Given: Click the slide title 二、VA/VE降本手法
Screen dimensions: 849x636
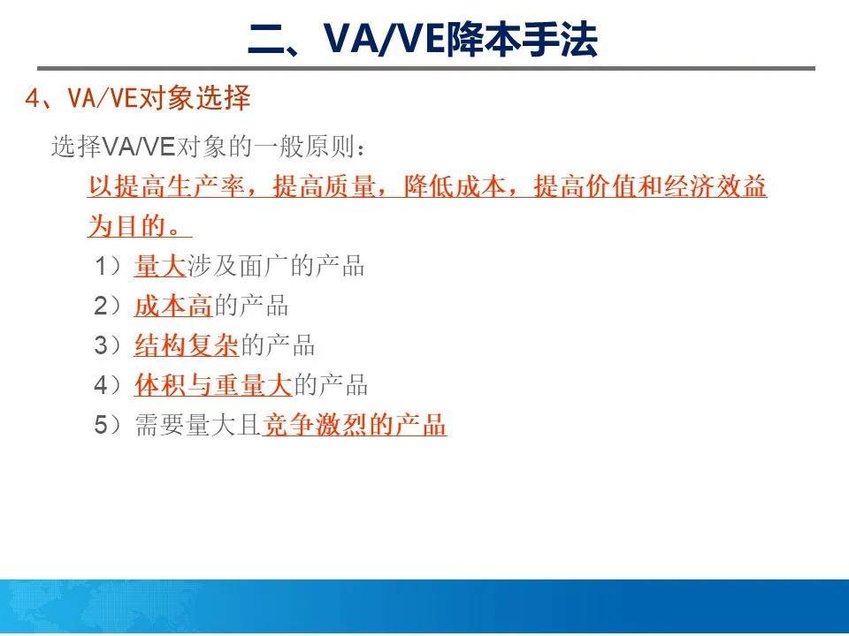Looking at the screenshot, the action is click(424, 39).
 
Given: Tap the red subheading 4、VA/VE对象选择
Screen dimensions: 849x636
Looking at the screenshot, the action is click(138, 98).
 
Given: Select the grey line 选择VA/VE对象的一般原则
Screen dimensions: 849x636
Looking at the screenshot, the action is click(208, 147).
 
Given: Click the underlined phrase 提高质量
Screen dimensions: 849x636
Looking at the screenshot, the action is click(324, 186).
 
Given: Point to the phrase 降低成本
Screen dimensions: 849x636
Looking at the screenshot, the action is click(455, 186).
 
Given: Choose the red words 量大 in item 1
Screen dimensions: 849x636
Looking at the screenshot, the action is click(160, 266).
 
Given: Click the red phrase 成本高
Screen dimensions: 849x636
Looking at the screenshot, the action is click(172, 307).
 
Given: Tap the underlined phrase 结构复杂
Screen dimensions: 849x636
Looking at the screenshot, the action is click(187, 345).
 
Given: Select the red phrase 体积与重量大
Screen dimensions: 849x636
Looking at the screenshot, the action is click(213, 385).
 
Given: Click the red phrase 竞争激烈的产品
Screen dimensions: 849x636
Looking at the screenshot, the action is click(355, 425).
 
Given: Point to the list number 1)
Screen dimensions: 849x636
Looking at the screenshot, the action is click(108, 266).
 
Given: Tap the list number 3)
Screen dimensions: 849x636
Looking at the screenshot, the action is click(108, 345).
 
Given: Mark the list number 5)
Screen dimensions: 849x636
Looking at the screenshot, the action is click(108, 425).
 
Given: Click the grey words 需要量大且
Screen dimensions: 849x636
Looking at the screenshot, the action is click(199, 425).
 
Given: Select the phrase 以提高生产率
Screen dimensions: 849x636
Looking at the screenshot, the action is click(166, 186).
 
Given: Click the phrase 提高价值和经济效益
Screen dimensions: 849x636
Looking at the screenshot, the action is click(650, 186).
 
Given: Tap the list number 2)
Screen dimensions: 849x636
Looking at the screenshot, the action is click(108, 307).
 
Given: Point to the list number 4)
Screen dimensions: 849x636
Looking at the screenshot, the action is click(108, 385).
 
